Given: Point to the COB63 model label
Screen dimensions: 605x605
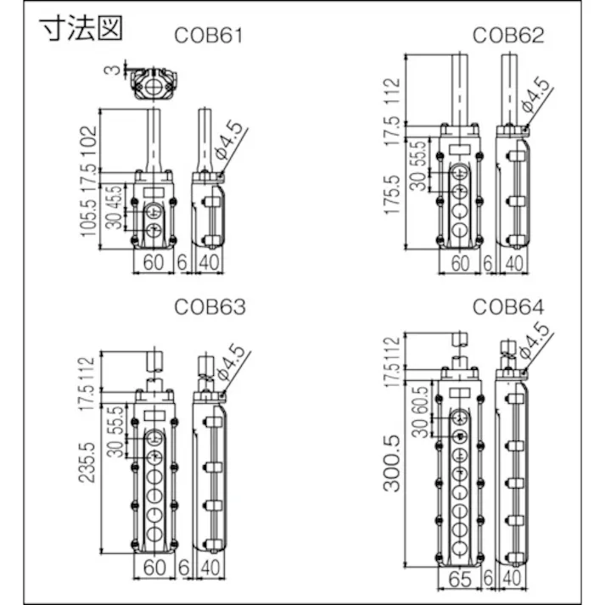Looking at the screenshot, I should tap(210, 307).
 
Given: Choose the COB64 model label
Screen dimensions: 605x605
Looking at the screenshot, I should tap(507, 307).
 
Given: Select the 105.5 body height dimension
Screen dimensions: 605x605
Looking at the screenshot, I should tap(89, 217).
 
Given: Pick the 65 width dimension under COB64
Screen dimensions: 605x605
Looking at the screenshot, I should tap(460, 579).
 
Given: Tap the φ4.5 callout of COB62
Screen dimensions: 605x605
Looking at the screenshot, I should tap(535, 98).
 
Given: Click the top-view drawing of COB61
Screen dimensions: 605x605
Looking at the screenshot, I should tap(153, 86).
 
